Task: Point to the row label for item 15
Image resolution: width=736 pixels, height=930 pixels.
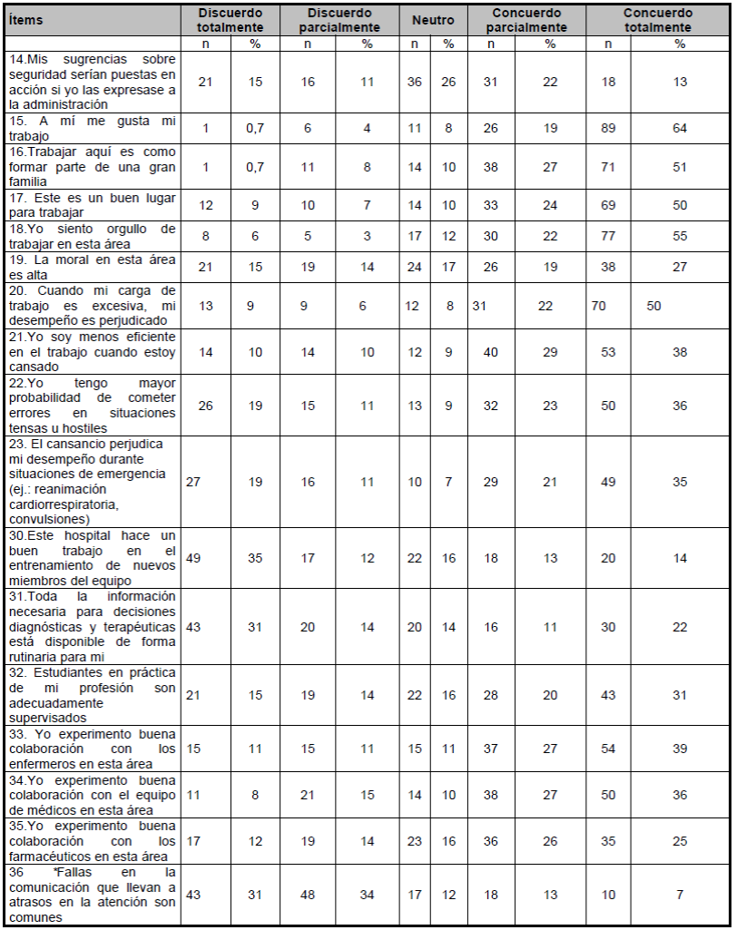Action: (91, 128)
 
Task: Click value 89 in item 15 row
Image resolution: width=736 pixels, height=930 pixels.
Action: (609, 128)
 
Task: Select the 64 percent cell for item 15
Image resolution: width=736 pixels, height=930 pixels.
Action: (680, 128)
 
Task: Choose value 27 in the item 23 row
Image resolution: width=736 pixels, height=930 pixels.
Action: (192, 482)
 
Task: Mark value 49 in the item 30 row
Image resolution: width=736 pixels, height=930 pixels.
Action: (192, 558)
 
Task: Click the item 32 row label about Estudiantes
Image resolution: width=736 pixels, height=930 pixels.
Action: (91, 695)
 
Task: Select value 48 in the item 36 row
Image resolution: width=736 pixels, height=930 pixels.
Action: (308, 894)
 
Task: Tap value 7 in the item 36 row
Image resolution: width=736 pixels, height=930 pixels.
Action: (680, 894)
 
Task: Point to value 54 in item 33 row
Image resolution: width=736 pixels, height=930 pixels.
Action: (609, 749)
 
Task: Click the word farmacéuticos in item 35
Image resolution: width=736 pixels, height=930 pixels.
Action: (57, 856)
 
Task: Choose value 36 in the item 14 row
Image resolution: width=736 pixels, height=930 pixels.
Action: (415, 82)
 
